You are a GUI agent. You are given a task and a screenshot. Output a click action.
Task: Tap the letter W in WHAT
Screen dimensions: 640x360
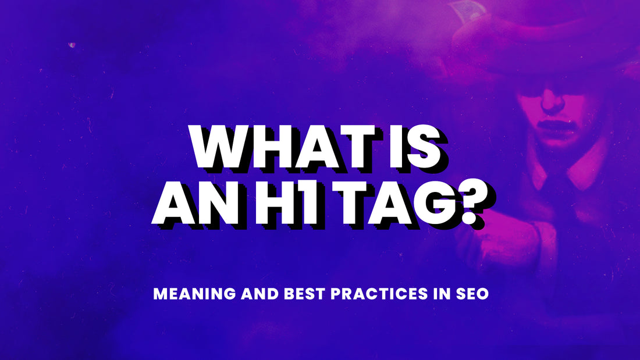click(222, 147)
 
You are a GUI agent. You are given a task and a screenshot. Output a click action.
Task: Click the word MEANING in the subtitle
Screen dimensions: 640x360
click(194, 294)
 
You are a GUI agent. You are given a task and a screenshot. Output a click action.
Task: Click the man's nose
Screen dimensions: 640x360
click(553, 102)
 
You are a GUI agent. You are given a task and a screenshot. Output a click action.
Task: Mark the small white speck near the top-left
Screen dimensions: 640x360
click(72, 45)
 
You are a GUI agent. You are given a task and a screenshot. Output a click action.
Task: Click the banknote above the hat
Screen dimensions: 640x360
click(465, 10)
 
